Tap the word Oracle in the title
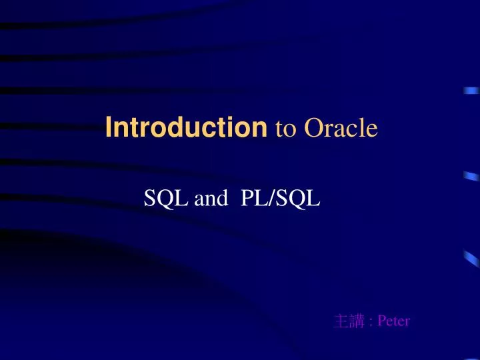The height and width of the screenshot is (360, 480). tap(341, 128)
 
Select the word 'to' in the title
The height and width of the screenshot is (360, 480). tap(285, 129)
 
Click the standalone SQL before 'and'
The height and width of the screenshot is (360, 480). tap(167, 198)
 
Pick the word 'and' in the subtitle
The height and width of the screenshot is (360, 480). tap(211, 199)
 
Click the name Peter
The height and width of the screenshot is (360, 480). tap(393, 321)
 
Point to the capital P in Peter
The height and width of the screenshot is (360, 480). tap(381, 321)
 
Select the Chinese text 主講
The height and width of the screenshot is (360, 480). tap(349, 321)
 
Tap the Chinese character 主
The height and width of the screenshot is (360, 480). tap(341, 321)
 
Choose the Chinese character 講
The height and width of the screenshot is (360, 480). tap(357, 321)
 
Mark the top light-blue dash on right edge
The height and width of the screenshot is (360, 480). tap(471, 92)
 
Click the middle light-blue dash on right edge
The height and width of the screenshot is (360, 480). tap(471, 177)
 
